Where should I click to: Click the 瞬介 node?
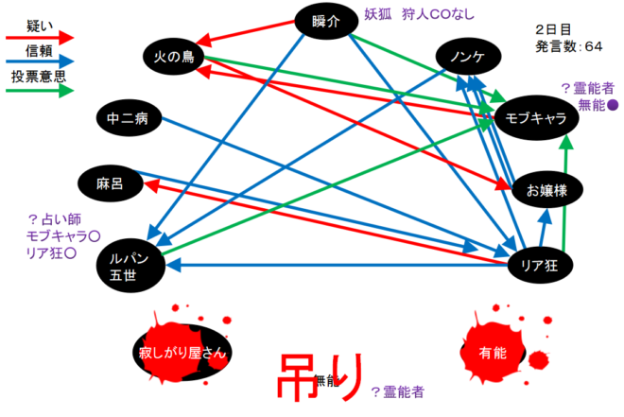(x=326, y=21)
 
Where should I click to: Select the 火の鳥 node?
(x=174, y=57)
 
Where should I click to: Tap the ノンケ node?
(x=468, y=56)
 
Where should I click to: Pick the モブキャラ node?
(x=536, y=118)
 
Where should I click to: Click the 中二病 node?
(x=129, y=118)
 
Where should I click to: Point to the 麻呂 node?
(x=111, y=183)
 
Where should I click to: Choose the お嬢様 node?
(x=547, y=190)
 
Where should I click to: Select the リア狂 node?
(x=540, y=265)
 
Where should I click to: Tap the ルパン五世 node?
(x=130, y=266)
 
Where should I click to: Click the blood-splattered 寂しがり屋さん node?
(x=182, y=351)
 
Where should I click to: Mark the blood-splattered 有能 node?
(x=494, y=352)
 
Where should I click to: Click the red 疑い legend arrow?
(x=40, y=38)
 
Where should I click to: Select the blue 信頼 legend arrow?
(x=40, y=61)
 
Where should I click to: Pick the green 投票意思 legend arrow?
(x=40, y=91)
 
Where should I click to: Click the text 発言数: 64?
(x=568, y=46)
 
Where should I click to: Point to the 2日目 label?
(x=553, y=29)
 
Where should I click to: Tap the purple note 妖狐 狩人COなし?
(x=420, y=14)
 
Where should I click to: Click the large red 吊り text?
(x=320, y=376)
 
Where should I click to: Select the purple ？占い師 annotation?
(x=55, y=219)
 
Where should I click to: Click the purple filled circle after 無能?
(x=614, y=105)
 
